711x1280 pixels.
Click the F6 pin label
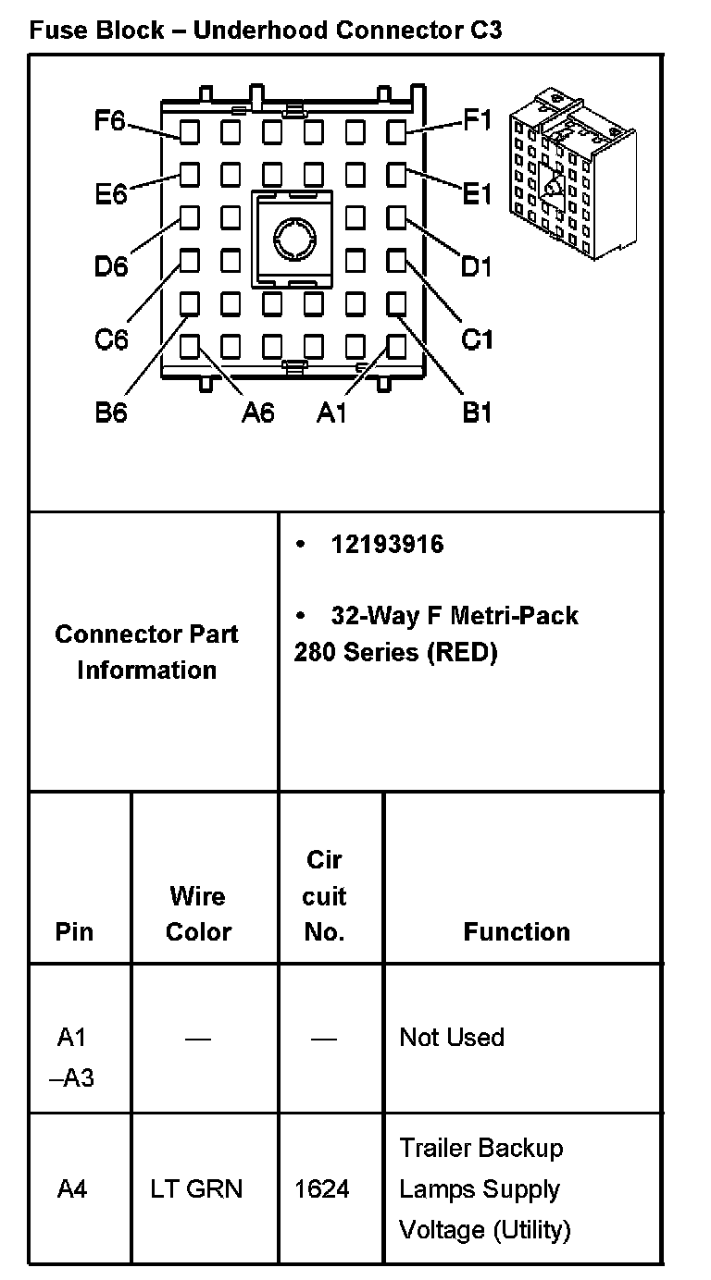coord(108,121)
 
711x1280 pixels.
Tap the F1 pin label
coord(477,121)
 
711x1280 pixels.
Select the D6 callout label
coord(111,266)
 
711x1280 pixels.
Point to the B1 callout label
coord(477,412)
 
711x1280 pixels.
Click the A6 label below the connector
coord(257,412)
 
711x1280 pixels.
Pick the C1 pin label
coord(477,339)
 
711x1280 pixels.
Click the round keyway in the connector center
coord(293,238)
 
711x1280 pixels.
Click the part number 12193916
coord(387,545)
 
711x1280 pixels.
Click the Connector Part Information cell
coord(146,652)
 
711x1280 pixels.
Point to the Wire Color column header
coord(198,914)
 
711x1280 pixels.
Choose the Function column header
coord(517,931)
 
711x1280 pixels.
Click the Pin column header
coord(74,931)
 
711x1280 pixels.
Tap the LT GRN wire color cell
coord(196,1188)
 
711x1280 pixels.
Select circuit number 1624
coord(322,1188)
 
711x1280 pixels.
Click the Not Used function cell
coord(452,1038)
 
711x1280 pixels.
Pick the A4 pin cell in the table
coord(72,1188)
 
